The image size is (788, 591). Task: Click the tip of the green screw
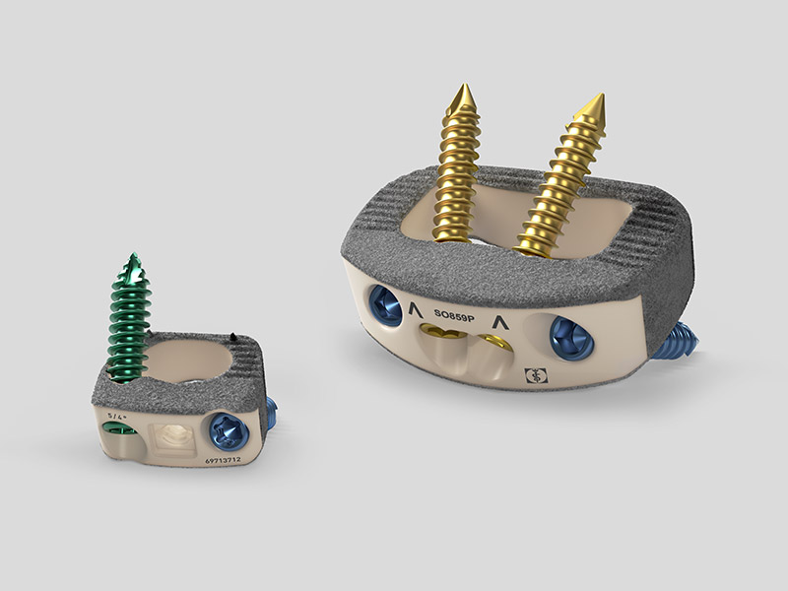131,257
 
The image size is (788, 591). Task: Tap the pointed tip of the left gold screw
459,89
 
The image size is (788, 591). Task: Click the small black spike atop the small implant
231,337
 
